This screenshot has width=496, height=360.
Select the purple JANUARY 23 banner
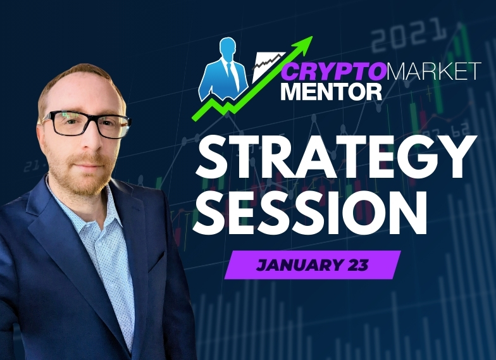tap(313, 265)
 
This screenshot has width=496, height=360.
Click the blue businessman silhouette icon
tap(222, 70)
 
